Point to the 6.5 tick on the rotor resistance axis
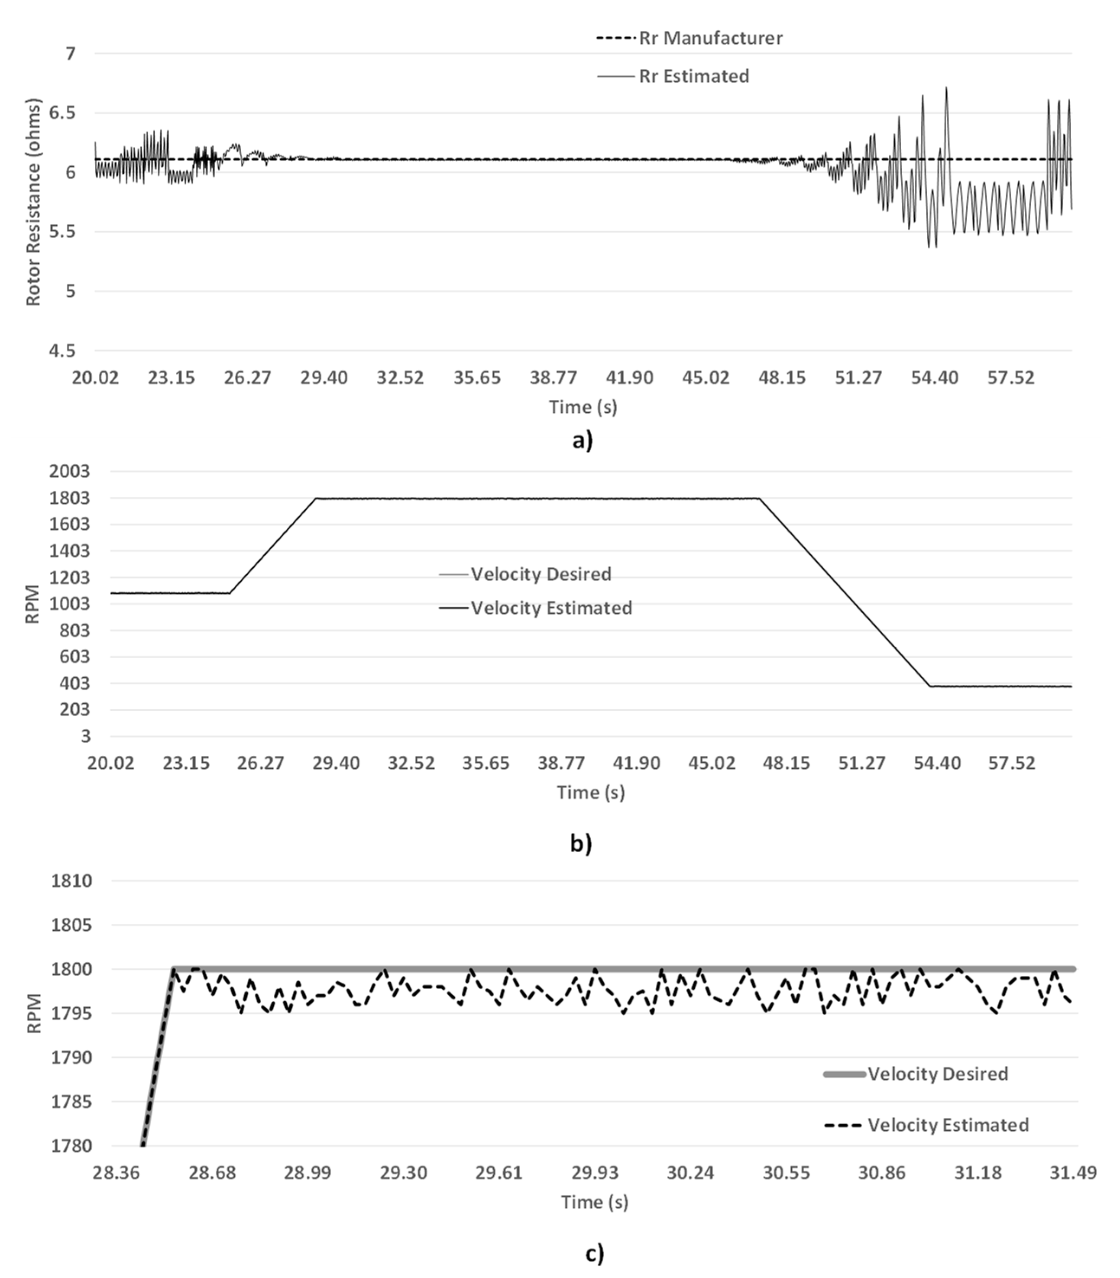61,113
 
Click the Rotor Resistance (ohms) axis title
32,202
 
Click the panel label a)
582,440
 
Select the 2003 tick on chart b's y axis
69,471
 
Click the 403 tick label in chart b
74,683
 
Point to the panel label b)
581,843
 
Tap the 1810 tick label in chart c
71,881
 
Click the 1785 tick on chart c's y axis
71,1102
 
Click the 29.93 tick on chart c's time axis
594,1172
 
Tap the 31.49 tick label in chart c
1072,1172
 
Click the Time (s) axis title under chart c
594,1202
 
